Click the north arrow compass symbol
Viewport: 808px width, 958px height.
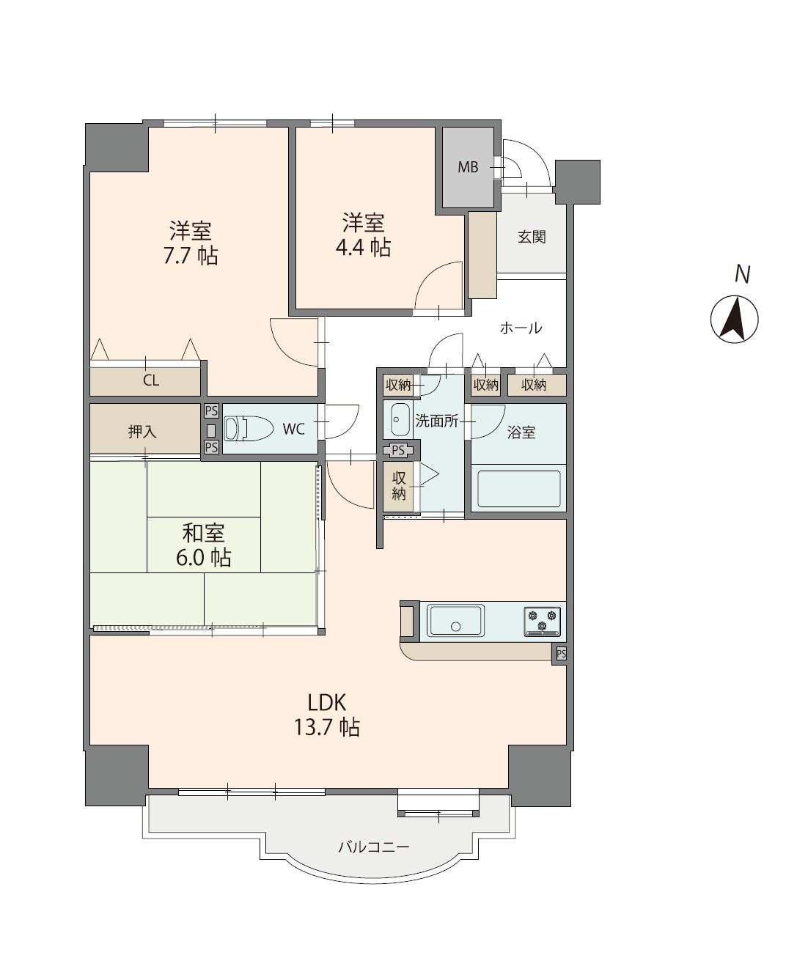point(735,320)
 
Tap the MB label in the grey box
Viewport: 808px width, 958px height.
point(468,167)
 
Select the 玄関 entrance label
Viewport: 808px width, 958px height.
point(532,237)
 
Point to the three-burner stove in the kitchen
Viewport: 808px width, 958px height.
point(543,622)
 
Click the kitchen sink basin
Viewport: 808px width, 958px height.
point(455,621)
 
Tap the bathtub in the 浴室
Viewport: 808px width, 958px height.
point(519,489)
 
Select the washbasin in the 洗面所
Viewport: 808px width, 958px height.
point(400,420)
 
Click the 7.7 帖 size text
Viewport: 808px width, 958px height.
point(191,256)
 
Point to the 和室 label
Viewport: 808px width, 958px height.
point(203,533)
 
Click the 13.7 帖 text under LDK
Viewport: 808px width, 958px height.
point(326,727)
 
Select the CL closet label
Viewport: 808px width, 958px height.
point(151,380)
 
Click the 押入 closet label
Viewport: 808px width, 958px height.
point(142,431)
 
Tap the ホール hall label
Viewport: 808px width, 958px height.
point(521,328)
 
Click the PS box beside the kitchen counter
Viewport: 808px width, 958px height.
point(561,653)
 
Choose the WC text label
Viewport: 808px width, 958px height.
point(294,429)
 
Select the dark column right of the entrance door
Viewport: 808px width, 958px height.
point(578,182)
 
